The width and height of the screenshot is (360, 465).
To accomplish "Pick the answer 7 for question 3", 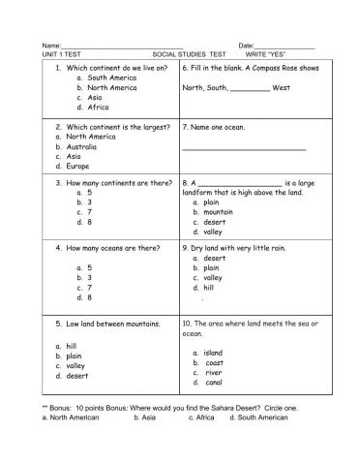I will (90, 211).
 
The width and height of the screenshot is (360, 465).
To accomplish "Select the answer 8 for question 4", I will (90, 297).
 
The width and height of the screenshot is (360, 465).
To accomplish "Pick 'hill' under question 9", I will (209, 288).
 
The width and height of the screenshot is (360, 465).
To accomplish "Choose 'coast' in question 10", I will (214, 362).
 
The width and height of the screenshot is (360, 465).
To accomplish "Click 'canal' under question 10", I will (214, 383).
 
